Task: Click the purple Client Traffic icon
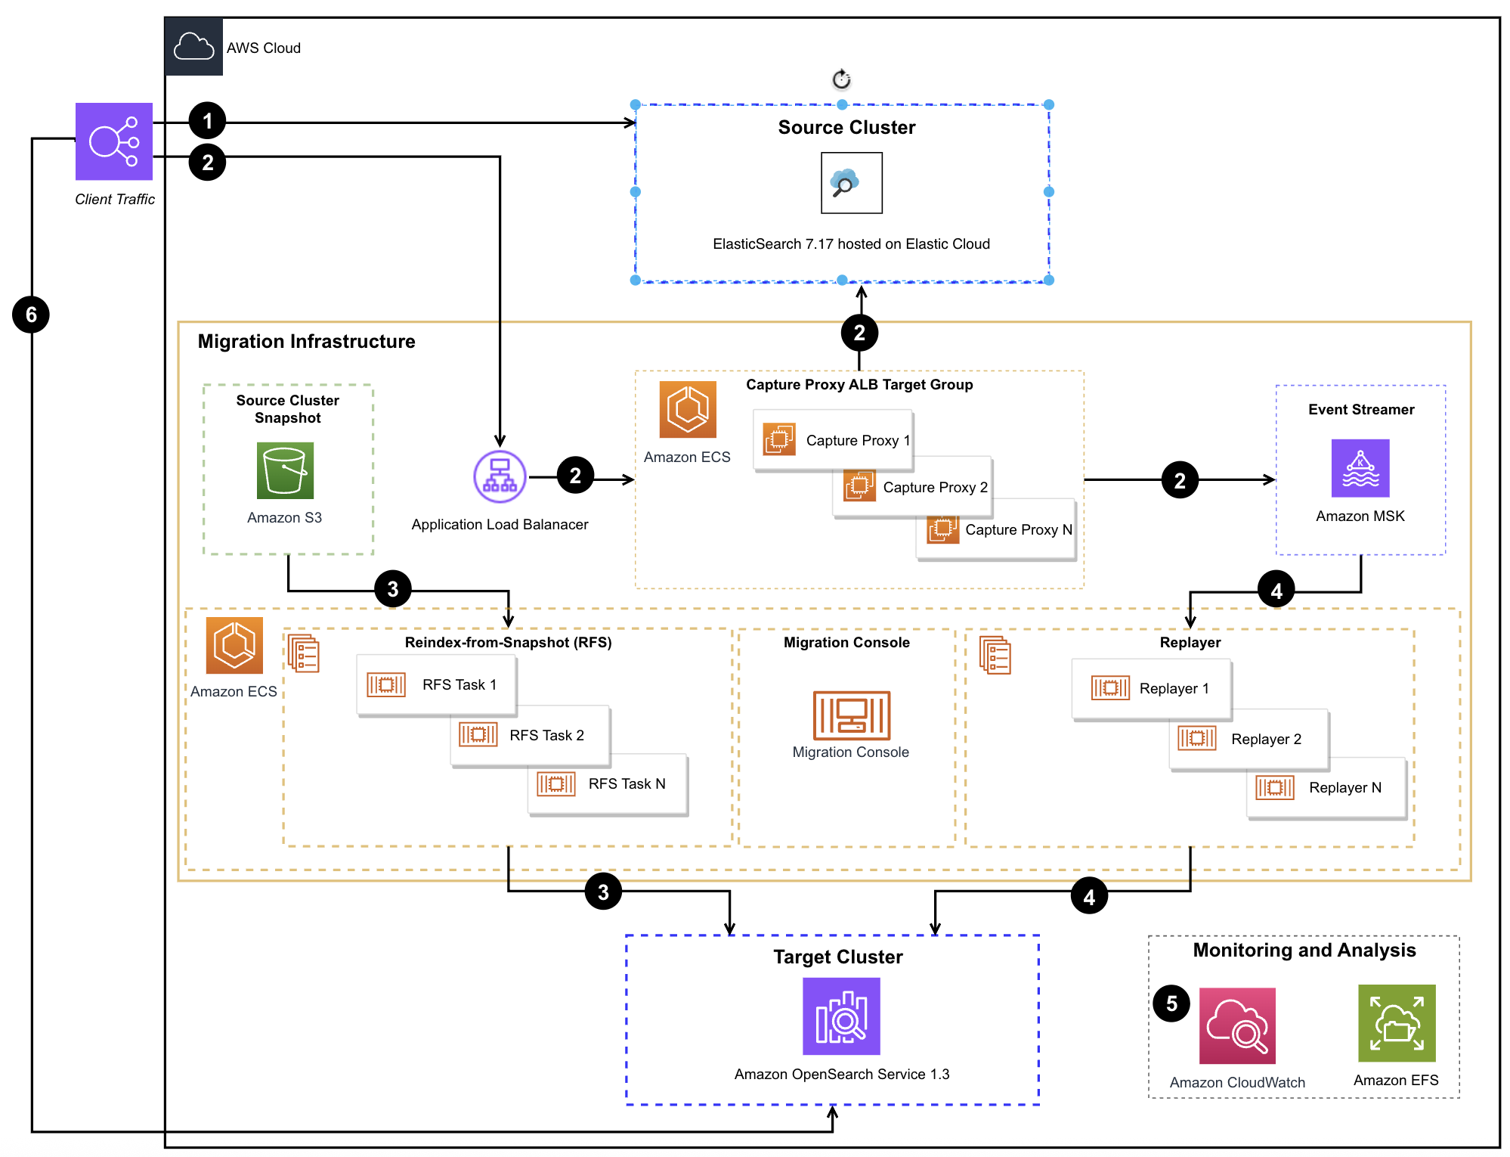[114, 141]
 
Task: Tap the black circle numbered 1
[207, 121]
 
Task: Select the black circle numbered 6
[31, 315]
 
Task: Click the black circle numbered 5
[1171, 1003]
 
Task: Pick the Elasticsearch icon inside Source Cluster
[852, 183]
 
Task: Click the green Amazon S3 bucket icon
[285, 470]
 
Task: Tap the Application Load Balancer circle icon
[500, 476]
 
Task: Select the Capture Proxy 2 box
[912, 487]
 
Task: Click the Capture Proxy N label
[1018, 529]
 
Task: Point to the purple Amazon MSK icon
[1360, 468]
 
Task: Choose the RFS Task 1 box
[437, 685]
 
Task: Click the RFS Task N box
[608, 784]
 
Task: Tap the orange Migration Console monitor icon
[852, 715]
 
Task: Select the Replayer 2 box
[1249, 739]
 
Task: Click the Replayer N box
[1326, 788]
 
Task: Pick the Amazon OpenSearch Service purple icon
[841, 1016]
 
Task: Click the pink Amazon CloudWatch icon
[1237, 1025]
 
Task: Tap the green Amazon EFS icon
[1397, 1023]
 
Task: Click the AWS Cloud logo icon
[194, 47]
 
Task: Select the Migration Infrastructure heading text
[306, 342]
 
